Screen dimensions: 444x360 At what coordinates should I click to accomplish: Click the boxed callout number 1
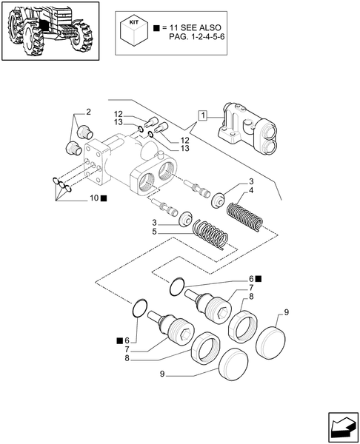point(201,115)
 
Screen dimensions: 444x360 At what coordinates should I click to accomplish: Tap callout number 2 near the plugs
point(87,112)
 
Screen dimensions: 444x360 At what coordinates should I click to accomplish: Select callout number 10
point(93,198)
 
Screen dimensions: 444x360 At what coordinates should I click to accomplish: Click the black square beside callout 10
point(104,198)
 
